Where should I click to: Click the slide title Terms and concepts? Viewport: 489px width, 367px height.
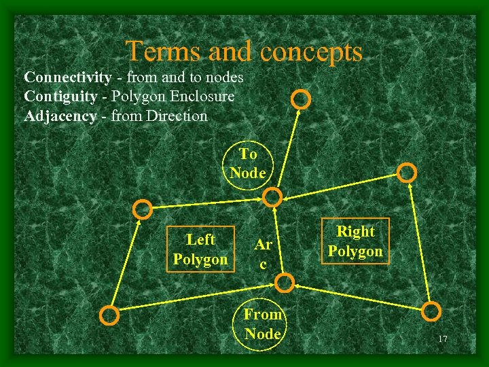click(244, 51)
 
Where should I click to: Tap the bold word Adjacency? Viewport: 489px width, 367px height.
click(60, 116)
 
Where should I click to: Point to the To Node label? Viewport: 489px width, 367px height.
click(248, 163)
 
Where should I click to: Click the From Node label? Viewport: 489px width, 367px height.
click(263, 324)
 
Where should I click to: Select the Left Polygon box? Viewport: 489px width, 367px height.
click(200, 249)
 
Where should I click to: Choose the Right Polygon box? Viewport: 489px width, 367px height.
click(355, 241)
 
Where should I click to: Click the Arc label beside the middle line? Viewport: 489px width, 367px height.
click(263, 253)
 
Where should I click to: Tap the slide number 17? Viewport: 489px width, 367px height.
click(443, 339)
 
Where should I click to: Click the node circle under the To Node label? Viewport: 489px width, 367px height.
click(272, 198)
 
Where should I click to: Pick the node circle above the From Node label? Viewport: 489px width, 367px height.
click(286, 282)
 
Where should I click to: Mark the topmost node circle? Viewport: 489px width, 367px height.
click(300, 100)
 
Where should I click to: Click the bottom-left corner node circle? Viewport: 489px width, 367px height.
click(109, 315)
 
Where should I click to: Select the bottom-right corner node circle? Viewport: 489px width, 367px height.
click(431, 311)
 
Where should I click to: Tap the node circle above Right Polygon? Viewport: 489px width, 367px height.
click(407, 173)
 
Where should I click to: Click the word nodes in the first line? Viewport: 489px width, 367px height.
click(223, 77)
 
